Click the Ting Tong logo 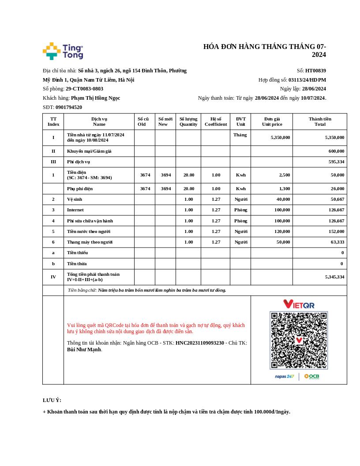point(63,51)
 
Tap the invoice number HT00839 point(315,71)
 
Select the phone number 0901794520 point(68,107)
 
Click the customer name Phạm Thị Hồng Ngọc point(95,98)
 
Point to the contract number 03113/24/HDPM point(307,80)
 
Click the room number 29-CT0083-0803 point(84,89)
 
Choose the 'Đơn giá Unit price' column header point(272,121)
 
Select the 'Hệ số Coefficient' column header point(216,121)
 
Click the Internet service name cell point(75,210)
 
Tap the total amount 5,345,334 point(334,277)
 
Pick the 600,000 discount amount point(336,151)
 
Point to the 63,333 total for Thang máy point(337,242)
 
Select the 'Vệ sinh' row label point(75,199)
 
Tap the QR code point(299,340)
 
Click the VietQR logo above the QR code point(299,304)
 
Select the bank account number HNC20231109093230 point(200,343)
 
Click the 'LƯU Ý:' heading point(52,400)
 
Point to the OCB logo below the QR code point(311,376)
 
